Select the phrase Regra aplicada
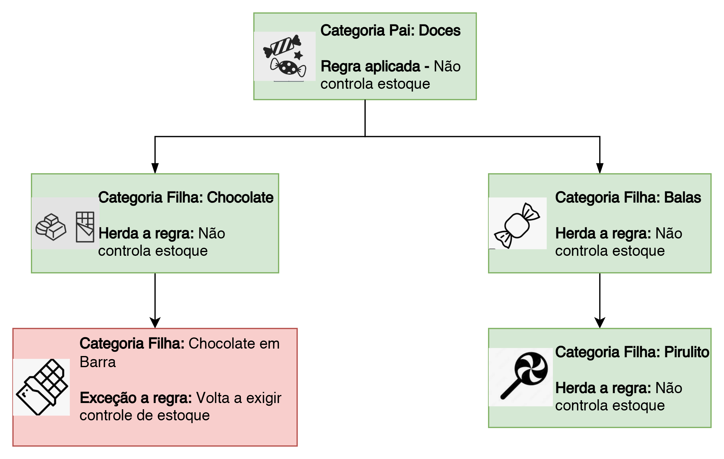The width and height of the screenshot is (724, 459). point(370,66)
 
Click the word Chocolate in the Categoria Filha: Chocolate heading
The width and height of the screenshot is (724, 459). point(240,198)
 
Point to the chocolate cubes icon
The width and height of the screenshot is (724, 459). point(51,227)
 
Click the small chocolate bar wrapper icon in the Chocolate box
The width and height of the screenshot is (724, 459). point(85,227)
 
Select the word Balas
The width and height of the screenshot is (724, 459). point(682,198)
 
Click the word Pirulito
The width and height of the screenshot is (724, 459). point(686,352)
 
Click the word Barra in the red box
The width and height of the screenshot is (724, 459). point(98,362)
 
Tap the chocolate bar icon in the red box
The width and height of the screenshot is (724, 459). point(42,387)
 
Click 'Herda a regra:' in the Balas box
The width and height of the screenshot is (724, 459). point(603,234)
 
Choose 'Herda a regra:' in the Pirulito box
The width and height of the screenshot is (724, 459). point(603,388)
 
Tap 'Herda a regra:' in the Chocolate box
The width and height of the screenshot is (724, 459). point(146,234)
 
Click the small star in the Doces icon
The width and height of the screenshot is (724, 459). point(298,56)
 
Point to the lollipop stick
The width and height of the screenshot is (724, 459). point(510,390)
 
